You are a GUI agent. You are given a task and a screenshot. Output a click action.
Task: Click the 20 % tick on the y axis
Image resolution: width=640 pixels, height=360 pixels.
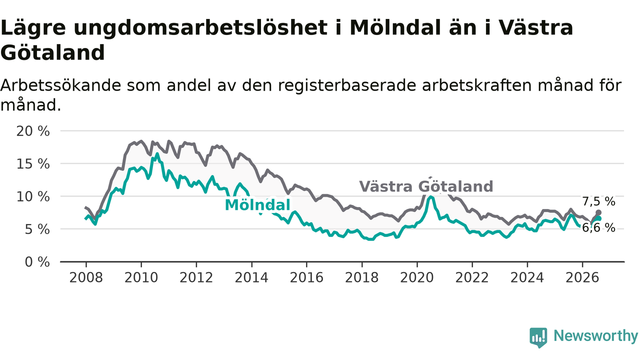coord(33,131)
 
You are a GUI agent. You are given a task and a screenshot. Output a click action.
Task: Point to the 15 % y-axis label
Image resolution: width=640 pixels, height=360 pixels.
coord(33,164)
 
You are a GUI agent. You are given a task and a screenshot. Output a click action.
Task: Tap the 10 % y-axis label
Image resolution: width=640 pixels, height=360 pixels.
coord(33,197)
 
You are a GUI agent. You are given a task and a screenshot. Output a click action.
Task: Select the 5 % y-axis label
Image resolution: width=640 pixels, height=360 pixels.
coord(37,229)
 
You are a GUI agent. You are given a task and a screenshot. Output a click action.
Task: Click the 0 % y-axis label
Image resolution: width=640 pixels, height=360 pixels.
coord(37,262)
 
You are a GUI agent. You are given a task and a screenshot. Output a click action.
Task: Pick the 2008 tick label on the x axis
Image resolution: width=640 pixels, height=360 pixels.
coord(86,277)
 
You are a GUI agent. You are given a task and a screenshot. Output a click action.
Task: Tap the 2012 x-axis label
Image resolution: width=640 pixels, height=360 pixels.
coord(196,277)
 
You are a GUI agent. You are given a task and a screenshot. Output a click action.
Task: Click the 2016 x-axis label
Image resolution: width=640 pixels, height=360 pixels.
coord(306,277)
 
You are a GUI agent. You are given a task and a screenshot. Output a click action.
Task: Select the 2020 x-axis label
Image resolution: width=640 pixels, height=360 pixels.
coord(417,277)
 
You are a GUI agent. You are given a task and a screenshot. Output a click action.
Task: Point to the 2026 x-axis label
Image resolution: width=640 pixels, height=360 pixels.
coord(582,277)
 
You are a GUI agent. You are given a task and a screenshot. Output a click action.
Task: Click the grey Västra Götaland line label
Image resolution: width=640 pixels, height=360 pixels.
coord(426,186)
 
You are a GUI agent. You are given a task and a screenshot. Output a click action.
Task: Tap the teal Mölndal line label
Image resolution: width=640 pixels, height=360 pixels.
coord(257,205)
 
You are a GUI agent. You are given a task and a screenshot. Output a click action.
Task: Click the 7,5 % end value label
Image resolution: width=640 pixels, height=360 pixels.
coord(598,201)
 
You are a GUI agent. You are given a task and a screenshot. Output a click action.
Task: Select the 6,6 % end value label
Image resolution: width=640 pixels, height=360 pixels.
coord(598,228)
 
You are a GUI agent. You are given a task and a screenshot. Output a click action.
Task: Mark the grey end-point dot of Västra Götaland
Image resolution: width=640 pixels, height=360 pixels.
coord(598,212)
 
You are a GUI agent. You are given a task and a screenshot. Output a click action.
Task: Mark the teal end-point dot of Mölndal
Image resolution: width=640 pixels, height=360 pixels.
coord(598,218)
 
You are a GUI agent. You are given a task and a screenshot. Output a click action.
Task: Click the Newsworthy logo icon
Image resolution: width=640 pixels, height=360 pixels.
coord(538,337)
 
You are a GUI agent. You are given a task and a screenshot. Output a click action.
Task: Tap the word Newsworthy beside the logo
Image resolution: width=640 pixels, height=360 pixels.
coord(595,335)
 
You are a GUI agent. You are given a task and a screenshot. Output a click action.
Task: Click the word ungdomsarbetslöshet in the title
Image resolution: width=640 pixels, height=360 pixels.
coord(200,28)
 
